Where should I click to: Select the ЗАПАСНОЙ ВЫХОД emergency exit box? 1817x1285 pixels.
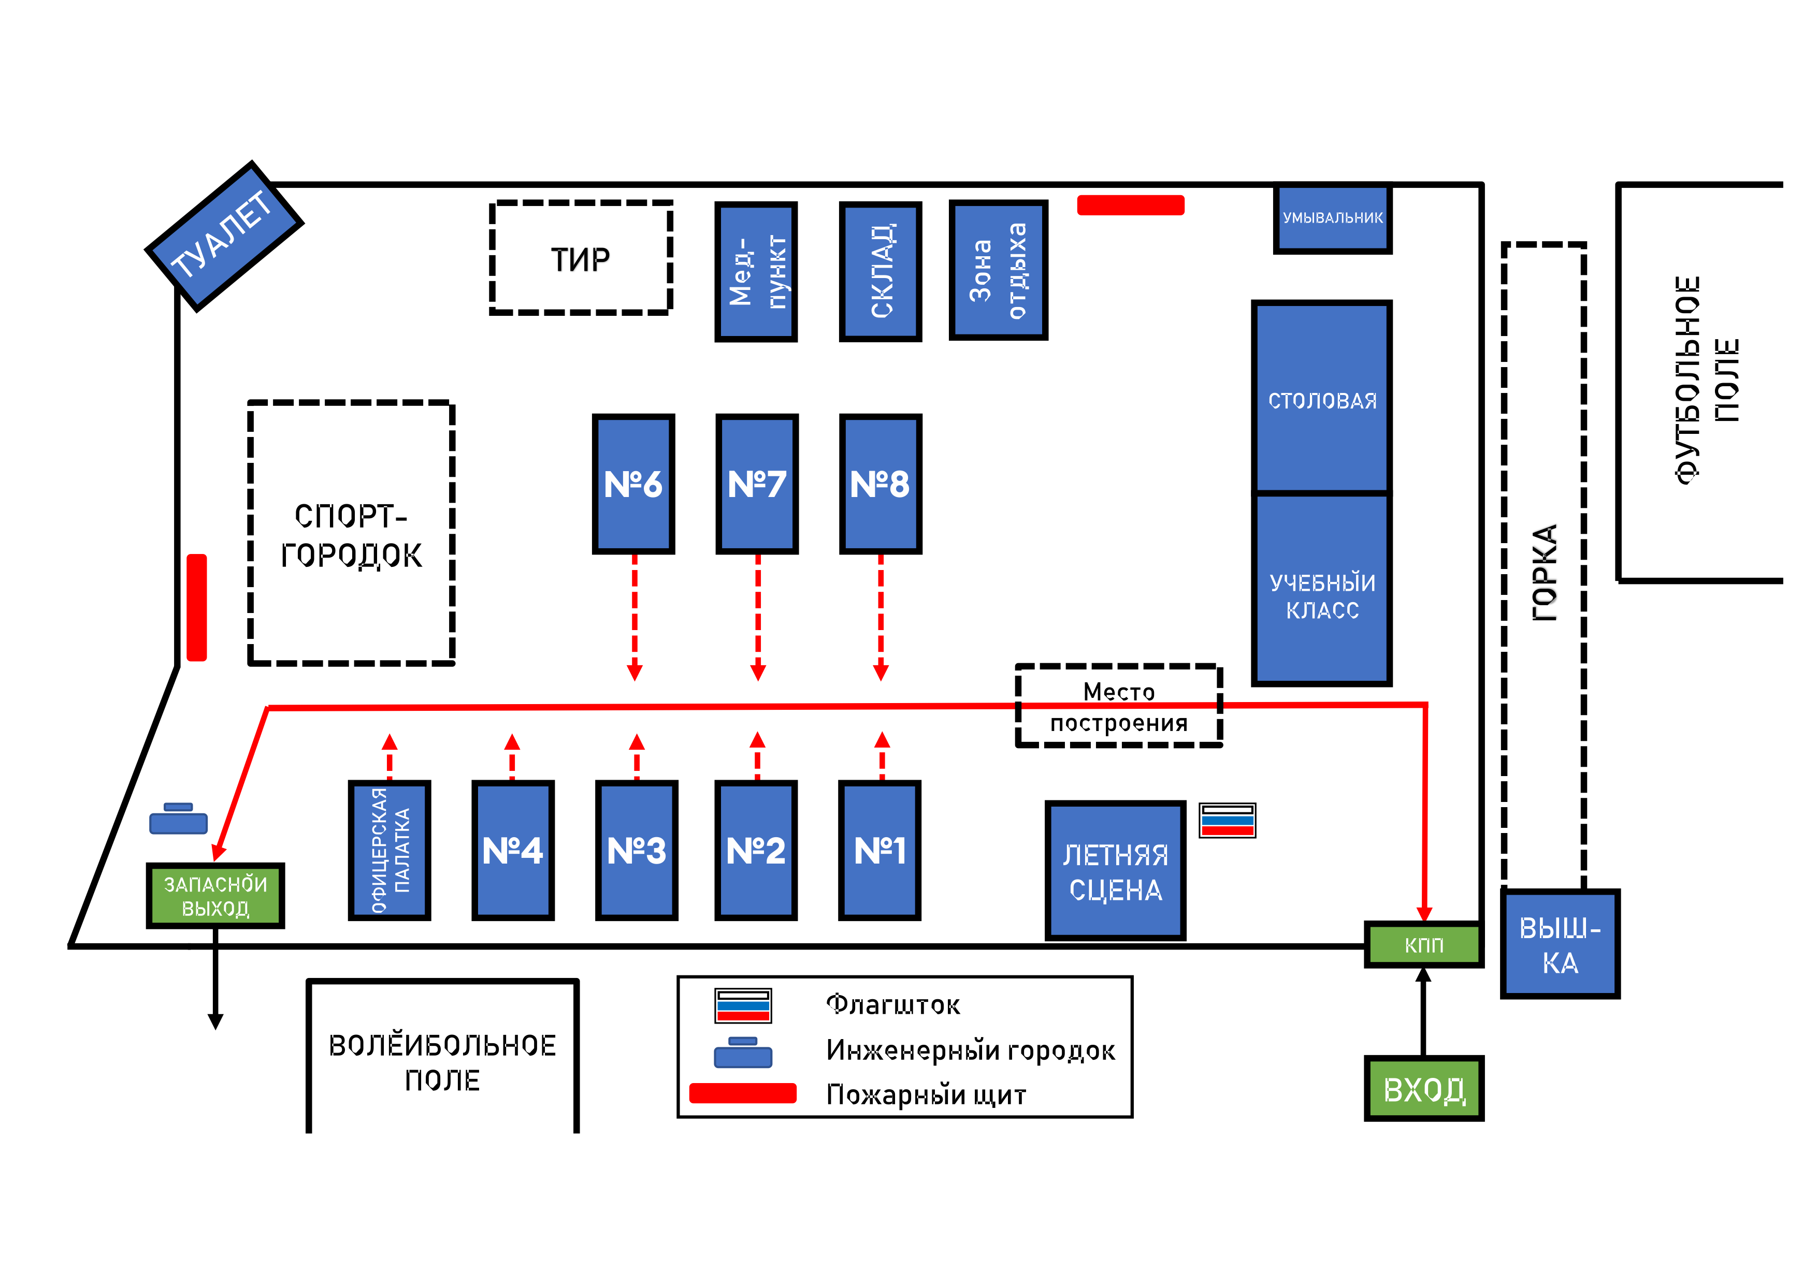tap(215, 895)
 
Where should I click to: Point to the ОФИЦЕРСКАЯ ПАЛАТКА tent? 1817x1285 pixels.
tap(390, 851)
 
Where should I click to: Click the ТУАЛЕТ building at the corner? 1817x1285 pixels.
tap(224, 236)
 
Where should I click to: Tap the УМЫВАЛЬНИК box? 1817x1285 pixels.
tap(1333, 217)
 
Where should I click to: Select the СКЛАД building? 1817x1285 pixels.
tap(881, 271)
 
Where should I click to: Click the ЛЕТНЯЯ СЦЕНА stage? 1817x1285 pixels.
tap(1115, 870)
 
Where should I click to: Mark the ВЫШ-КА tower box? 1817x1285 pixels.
tap(1560, 944)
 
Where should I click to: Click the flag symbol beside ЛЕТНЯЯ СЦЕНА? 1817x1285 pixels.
tap(1228, 820)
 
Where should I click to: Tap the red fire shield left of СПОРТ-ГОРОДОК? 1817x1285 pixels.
tap(196, 607)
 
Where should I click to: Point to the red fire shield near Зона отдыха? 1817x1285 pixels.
tap(1131, 205)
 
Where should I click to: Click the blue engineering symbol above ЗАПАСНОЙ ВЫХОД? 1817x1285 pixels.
tap(178, 818)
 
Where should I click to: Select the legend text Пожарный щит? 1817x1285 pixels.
tap(926, 1094)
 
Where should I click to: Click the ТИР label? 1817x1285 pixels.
tap(580, 259)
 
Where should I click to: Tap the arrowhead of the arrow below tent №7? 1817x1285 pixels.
tap(757, 673)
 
